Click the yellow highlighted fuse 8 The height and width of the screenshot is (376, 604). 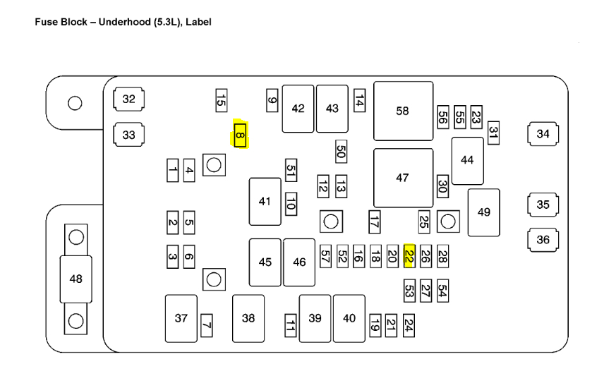[240, 134]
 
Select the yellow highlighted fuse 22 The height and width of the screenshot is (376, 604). [409, 256]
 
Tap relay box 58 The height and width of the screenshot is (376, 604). [403, 111]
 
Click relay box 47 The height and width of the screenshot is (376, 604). [403, 178]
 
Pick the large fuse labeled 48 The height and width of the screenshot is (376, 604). [75, 279]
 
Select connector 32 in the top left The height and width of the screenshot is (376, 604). [128, 99]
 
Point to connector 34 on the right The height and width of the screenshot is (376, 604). [543, 134]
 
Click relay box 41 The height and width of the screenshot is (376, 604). [265, 202]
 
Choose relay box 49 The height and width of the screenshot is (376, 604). [483, 212]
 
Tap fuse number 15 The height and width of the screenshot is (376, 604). [221, 102]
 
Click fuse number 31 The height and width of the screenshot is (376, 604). [493, 133]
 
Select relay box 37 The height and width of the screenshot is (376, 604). [181, 318]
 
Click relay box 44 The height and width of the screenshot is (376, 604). [467, 160]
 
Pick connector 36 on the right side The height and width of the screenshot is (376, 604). [543, 240]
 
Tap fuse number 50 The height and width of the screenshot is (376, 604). [341, 151]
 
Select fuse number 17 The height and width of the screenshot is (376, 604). [374, 222]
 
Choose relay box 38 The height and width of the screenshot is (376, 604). [248, 318]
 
